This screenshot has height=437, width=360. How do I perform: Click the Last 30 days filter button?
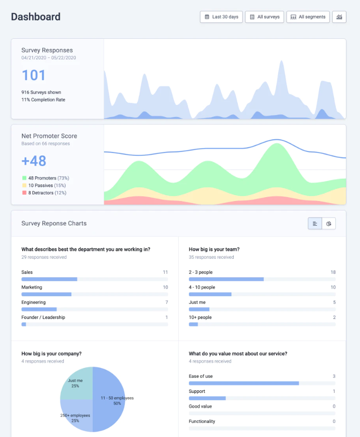[x=221, y=17]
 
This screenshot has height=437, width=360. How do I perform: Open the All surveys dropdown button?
[x=264, y=17]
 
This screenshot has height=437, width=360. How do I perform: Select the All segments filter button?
[x=308, y=17]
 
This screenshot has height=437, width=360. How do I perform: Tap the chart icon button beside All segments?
[x=339, y=17]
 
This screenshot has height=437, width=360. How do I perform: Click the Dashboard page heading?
[x=36, y=17]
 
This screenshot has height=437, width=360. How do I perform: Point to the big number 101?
[x=34, y=75]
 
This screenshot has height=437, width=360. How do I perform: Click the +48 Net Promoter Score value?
[x=34, y=161]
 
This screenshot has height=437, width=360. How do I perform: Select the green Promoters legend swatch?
[x=24, y=178]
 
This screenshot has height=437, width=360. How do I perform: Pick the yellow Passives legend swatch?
[x=24, y=185]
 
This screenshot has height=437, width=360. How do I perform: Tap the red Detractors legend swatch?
[x=24, y=193]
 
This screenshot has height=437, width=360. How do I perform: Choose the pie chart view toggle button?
[x=329, y=223]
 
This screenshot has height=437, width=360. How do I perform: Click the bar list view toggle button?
[x=315, y=223]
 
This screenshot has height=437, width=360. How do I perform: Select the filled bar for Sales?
[x=49, y=279]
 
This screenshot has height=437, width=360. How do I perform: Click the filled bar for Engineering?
[x=39, y=309]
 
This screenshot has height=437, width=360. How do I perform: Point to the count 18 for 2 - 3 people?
[x=333, y=272]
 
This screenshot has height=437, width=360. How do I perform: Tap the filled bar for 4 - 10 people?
[x=210, y=294]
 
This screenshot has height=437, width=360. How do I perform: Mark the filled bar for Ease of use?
[x=243, y=383]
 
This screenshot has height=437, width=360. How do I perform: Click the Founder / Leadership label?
[x=43, y=318]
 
